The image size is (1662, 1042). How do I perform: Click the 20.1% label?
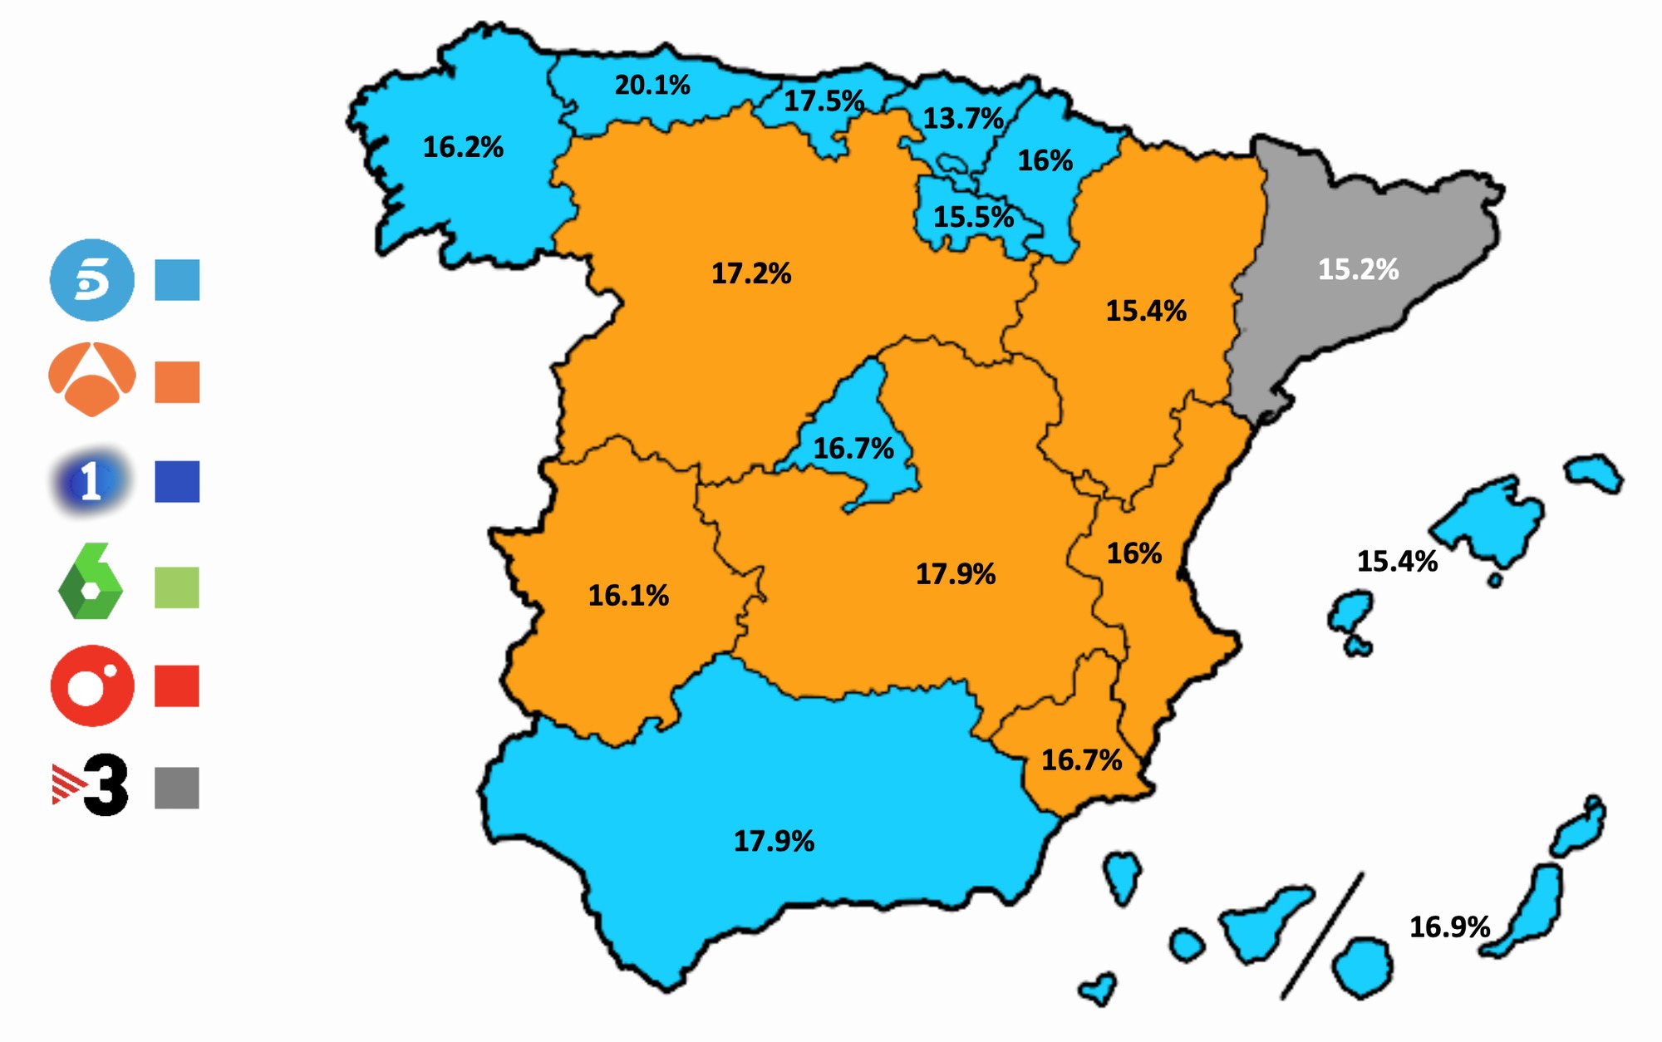click(x=652, y=85)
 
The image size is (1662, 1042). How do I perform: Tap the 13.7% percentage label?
click(x=963, y=119)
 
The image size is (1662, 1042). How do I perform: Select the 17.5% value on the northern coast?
click(x=824, y=101)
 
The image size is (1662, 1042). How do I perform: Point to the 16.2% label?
click(x=463, y=147)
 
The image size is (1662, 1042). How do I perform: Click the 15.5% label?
click(x=973, y=217)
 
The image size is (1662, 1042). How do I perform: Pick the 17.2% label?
click(x=751, y=273)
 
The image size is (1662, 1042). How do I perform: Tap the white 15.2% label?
click(x=1358, y=269)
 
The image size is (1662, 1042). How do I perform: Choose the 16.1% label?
click(x=628, y=595)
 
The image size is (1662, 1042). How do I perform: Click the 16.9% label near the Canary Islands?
click(x=1449, y=926)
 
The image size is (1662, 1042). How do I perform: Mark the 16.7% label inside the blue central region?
click(x=853, y=449)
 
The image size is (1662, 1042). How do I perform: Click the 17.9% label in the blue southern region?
click(x=774, y=841)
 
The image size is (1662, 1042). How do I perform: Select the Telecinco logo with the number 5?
click(x=92, y=280)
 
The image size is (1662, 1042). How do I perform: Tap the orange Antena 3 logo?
click(x=92, y=379)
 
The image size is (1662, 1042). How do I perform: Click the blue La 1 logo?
click(x=91, y=481)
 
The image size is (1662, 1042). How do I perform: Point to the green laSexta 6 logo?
click(x=90, y=582)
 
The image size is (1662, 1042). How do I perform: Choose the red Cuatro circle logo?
click(x=92, y=686)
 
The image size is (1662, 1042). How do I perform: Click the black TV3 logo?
click(x=91, y=785)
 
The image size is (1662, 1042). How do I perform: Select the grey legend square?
click(x=177, y=788)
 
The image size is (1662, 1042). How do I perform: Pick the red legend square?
click(x=177, y=686)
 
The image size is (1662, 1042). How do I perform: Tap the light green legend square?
click(x=177, y=587)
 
